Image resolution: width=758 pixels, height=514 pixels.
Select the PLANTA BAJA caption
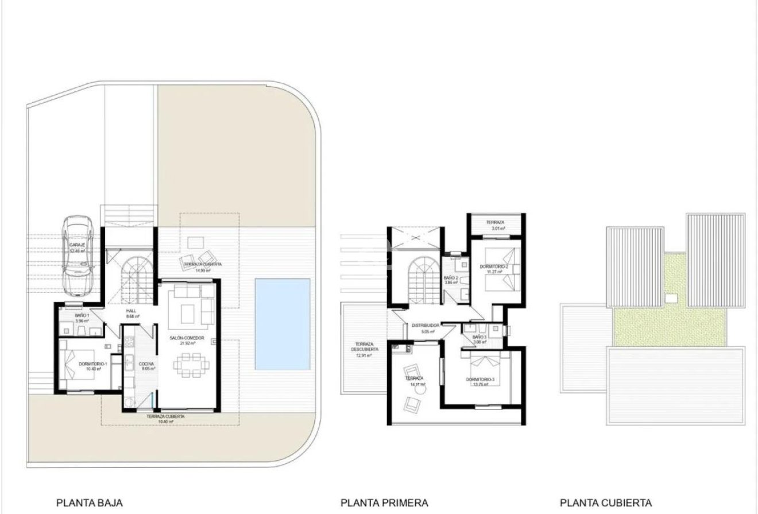click(89, 503)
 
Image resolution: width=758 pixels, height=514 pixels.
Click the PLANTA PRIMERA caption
click(384, 503)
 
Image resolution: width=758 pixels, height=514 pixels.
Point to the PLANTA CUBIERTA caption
click(606, 503)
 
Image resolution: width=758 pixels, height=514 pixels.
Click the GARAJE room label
click(77, 245)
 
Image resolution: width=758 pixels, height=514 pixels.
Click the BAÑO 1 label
click(82, 316)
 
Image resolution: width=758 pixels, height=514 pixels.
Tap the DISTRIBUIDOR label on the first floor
click(425, 326)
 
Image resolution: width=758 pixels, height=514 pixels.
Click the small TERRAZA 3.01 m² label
click(495, 222)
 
